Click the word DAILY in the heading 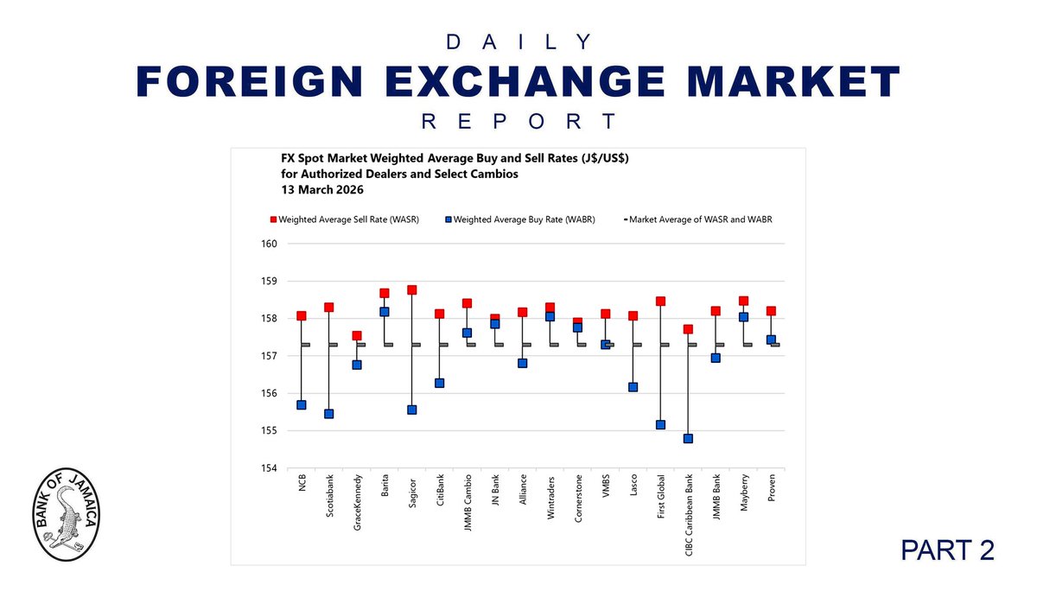click(518, 41)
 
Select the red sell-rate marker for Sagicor click(412, 290)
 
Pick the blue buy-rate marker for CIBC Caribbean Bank click(688, 439)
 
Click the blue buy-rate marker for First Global click(660, 425)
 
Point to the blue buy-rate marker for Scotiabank click(329, 414)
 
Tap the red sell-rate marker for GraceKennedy click(357, 336)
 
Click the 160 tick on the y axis click(269, 244)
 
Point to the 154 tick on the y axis click(269, 468)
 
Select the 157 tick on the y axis click(269, 356)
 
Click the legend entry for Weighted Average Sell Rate click(346, 219)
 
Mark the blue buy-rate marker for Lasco click(633, 387)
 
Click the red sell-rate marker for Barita click(385, 294)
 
